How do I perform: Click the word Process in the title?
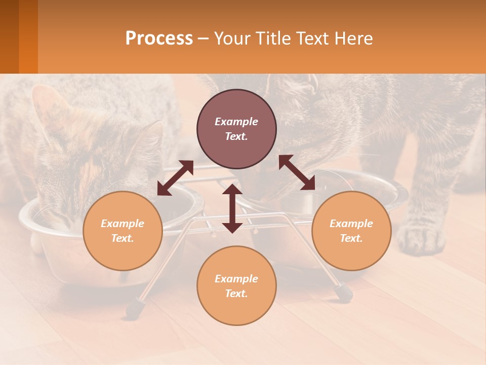tap(159, 39)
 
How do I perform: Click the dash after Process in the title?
tap(203, 39)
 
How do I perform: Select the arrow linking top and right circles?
tap(297, 173)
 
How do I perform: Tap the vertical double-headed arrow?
tap(232, 208)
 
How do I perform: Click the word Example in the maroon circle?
tap(236, 122)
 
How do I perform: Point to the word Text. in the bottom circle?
tap(236, 294)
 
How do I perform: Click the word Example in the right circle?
tap(351, 224)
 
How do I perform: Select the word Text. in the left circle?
tap(123, 238)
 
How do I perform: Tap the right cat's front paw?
tap(420, 238)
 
